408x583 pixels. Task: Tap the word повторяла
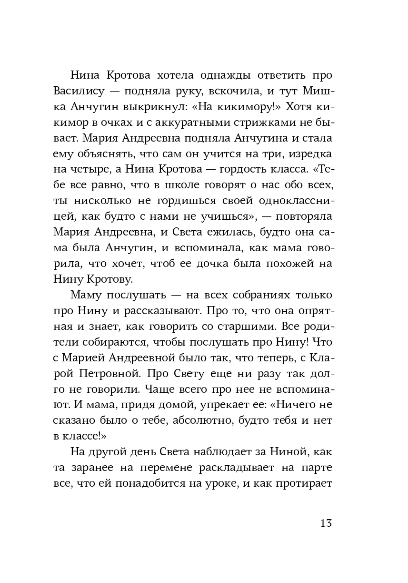click(x=302, y=216)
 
